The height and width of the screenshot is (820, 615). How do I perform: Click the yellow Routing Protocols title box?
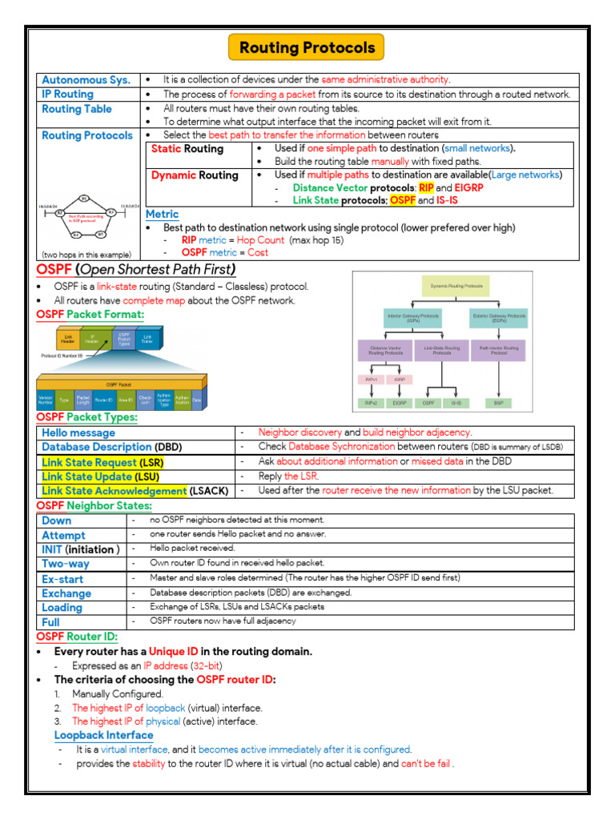coord(307,47)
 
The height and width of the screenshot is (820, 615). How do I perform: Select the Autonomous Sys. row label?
coord(86,80)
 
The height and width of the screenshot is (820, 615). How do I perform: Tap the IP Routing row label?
coord(68,94)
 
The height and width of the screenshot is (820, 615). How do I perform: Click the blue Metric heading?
coord(163,214)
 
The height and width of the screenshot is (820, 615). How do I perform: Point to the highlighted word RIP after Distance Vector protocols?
coord(426,187)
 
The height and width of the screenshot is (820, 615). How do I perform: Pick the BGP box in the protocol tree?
coord(498,404)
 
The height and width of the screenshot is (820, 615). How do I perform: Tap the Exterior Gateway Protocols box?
coord(499,318)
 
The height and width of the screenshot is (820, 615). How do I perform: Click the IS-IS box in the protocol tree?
coord(456,404)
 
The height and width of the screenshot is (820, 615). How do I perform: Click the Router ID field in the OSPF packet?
coord(102,398)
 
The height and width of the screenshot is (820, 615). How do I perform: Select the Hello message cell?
coord(78,433)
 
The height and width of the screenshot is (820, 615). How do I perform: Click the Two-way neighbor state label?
coord(66,564)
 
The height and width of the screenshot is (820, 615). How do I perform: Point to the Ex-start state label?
coord(62,578)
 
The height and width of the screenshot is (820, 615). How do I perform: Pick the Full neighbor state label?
coord(50,621)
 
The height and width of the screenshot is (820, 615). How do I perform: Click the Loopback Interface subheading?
coord(103,735)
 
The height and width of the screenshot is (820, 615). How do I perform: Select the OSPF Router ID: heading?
coord(77,637)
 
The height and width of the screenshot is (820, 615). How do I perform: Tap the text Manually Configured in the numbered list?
coord(118,693)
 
